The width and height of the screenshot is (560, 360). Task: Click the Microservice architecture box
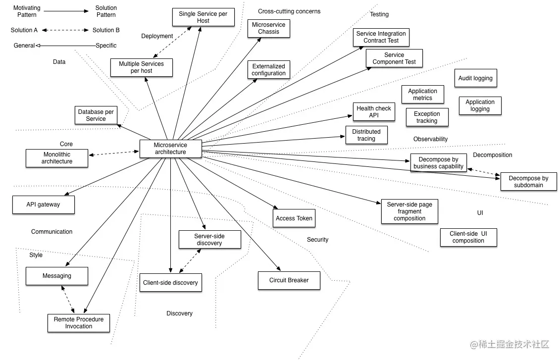[x=170, y=149]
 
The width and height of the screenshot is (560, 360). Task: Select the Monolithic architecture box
[x=56, y=158]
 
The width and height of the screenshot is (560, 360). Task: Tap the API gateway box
[x=43, y=205]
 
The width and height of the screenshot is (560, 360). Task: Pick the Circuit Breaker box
[x=289, y=280]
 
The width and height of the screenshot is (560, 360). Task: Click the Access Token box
[x=294, y=218]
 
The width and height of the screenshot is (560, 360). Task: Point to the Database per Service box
[x=96, y=115]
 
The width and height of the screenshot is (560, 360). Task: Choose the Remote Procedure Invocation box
[x=79, y=323]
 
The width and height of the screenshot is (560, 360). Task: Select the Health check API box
[x=374, y=112]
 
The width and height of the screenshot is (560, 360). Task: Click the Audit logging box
[x=475, y=78]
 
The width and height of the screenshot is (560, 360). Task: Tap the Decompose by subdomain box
[x=528, y=182]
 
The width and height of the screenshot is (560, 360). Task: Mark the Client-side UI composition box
[x=468, y=237]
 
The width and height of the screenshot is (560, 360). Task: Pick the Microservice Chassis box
[x=268, y=28]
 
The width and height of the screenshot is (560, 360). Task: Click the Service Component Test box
[x=394, y=58]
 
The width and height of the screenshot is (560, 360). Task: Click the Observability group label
[x=430, y=139]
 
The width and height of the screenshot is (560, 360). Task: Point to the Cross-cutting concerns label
[x=289, y=11]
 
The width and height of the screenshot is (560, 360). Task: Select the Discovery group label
[x=179, y=313]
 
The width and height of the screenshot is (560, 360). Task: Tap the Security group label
[x=317, y=240]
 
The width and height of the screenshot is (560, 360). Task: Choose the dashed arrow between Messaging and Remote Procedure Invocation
[x=68, y=300]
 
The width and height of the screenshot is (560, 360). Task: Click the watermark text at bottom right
[x=510, y=344]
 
